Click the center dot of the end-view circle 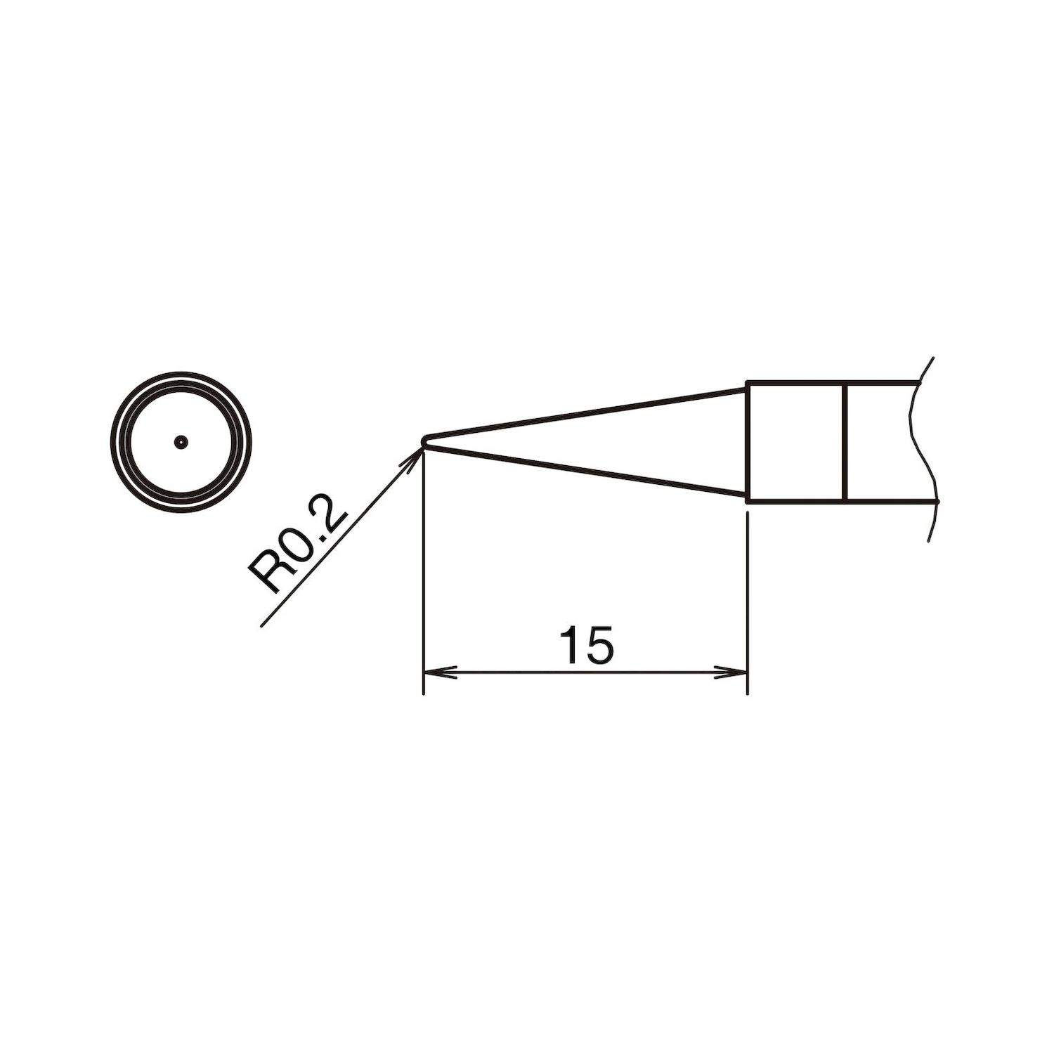point(181,442)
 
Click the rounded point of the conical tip point(423,441)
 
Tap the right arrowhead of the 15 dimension point(735,673)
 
